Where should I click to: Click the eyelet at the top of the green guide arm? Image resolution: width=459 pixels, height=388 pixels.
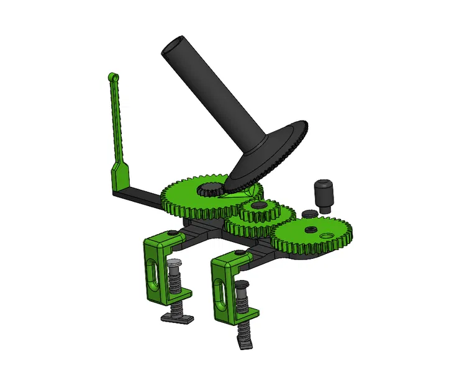[x=112, y=76]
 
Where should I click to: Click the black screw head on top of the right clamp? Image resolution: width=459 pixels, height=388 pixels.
[x=240, y=253]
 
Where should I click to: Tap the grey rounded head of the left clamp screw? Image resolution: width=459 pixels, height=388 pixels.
[x=175, y=264]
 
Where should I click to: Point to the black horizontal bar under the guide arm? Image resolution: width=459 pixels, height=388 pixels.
[x=143, y=197]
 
